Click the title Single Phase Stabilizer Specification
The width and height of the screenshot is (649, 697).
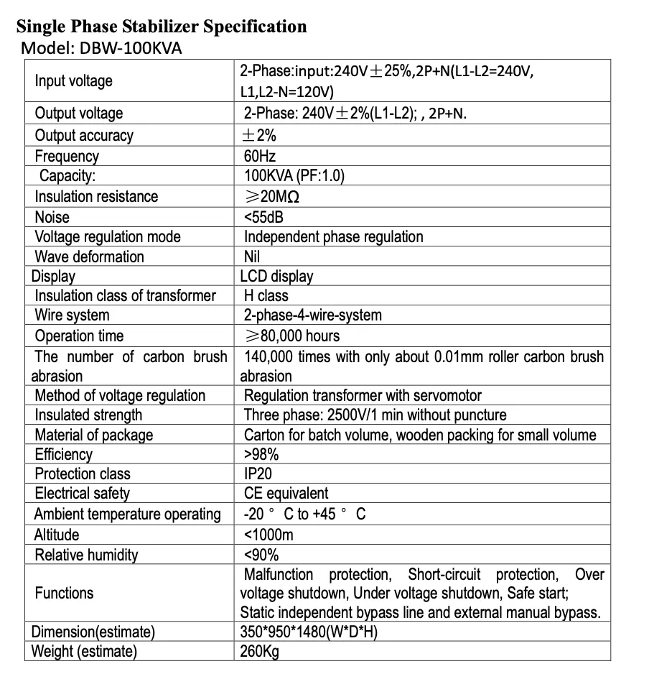click(162, 27)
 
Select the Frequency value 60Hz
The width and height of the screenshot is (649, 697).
click(260, 156)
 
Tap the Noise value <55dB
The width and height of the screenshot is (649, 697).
click(264, 217)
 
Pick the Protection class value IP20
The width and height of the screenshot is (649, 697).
click(258, 474)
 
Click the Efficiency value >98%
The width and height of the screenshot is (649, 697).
click(261, 454)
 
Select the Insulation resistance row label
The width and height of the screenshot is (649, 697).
click(96, 196)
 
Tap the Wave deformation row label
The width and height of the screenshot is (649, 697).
click(89, 257)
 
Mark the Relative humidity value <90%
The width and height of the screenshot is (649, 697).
click(261, 555)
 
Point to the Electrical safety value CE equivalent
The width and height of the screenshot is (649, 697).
click(286, 493)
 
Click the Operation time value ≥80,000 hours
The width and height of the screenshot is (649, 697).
click(291, 336)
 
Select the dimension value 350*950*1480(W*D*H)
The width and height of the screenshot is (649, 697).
click(309, 632)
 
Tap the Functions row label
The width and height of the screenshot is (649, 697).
click(64, 593)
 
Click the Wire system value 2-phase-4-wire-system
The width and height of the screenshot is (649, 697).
click(312, 315)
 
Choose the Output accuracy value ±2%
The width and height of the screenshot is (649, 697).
click(260, 135)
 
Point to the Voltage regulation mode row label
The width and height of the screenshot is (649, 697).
click(108, 236)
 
